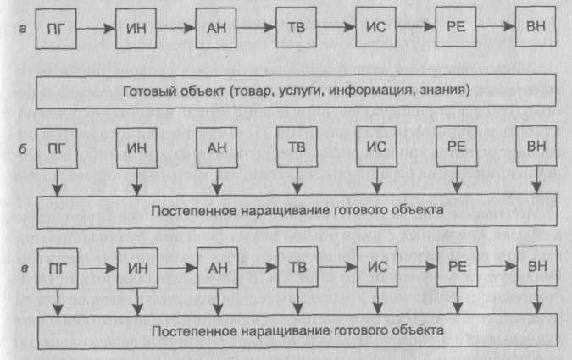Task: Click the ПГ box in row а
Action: point(56,29)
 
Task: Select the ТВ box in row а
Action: point(297,27)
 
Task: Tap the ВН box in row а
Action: point(536,26)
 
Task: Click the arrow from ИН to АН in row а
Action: point(175,28)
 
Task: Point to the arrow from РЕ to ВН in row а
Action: point(496,26)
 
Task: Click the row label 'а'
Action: point(23,29)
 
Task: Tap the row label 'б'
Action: point(23,148)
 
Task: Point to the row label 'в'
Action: point(25,269)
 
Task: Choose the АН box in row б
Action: point(217,147)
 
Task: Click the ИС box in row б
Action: point(376,147)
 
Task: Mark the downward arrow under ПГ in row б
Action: point(57,182)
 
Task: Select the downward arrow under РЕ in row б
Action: point(457,180)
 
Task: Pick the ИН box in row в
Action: point(137,268)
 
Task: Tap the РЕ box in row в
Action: point(458,266)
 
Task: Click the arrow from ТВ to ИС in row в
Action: point(337,267)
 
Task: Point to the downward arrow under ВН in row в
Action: point(537,300)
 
